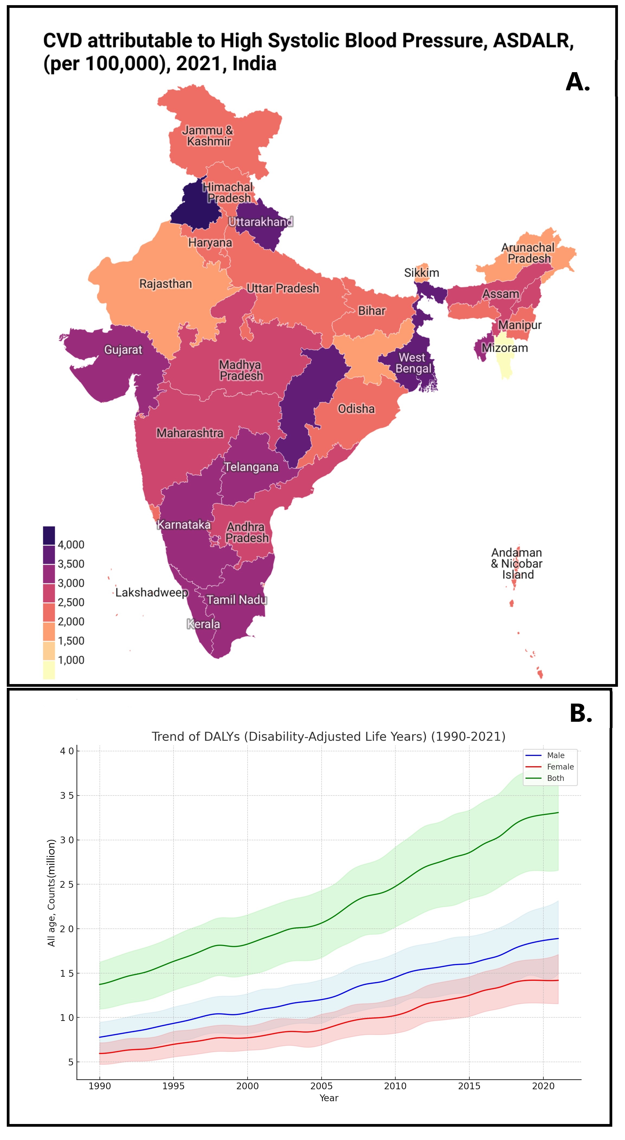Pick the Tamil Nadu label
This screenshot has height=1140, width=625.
click(x=237, y=600)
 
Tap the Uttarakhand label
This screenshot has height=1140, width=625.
click(x=261, y=222)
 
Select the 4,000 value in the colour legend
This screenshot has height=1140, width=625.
click(x=71, y=544)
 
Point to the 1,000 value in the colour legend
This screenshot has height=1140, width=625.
click(x=71, y=660)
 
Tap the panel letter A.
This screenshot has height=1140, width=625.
click(x=578, y=82)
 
